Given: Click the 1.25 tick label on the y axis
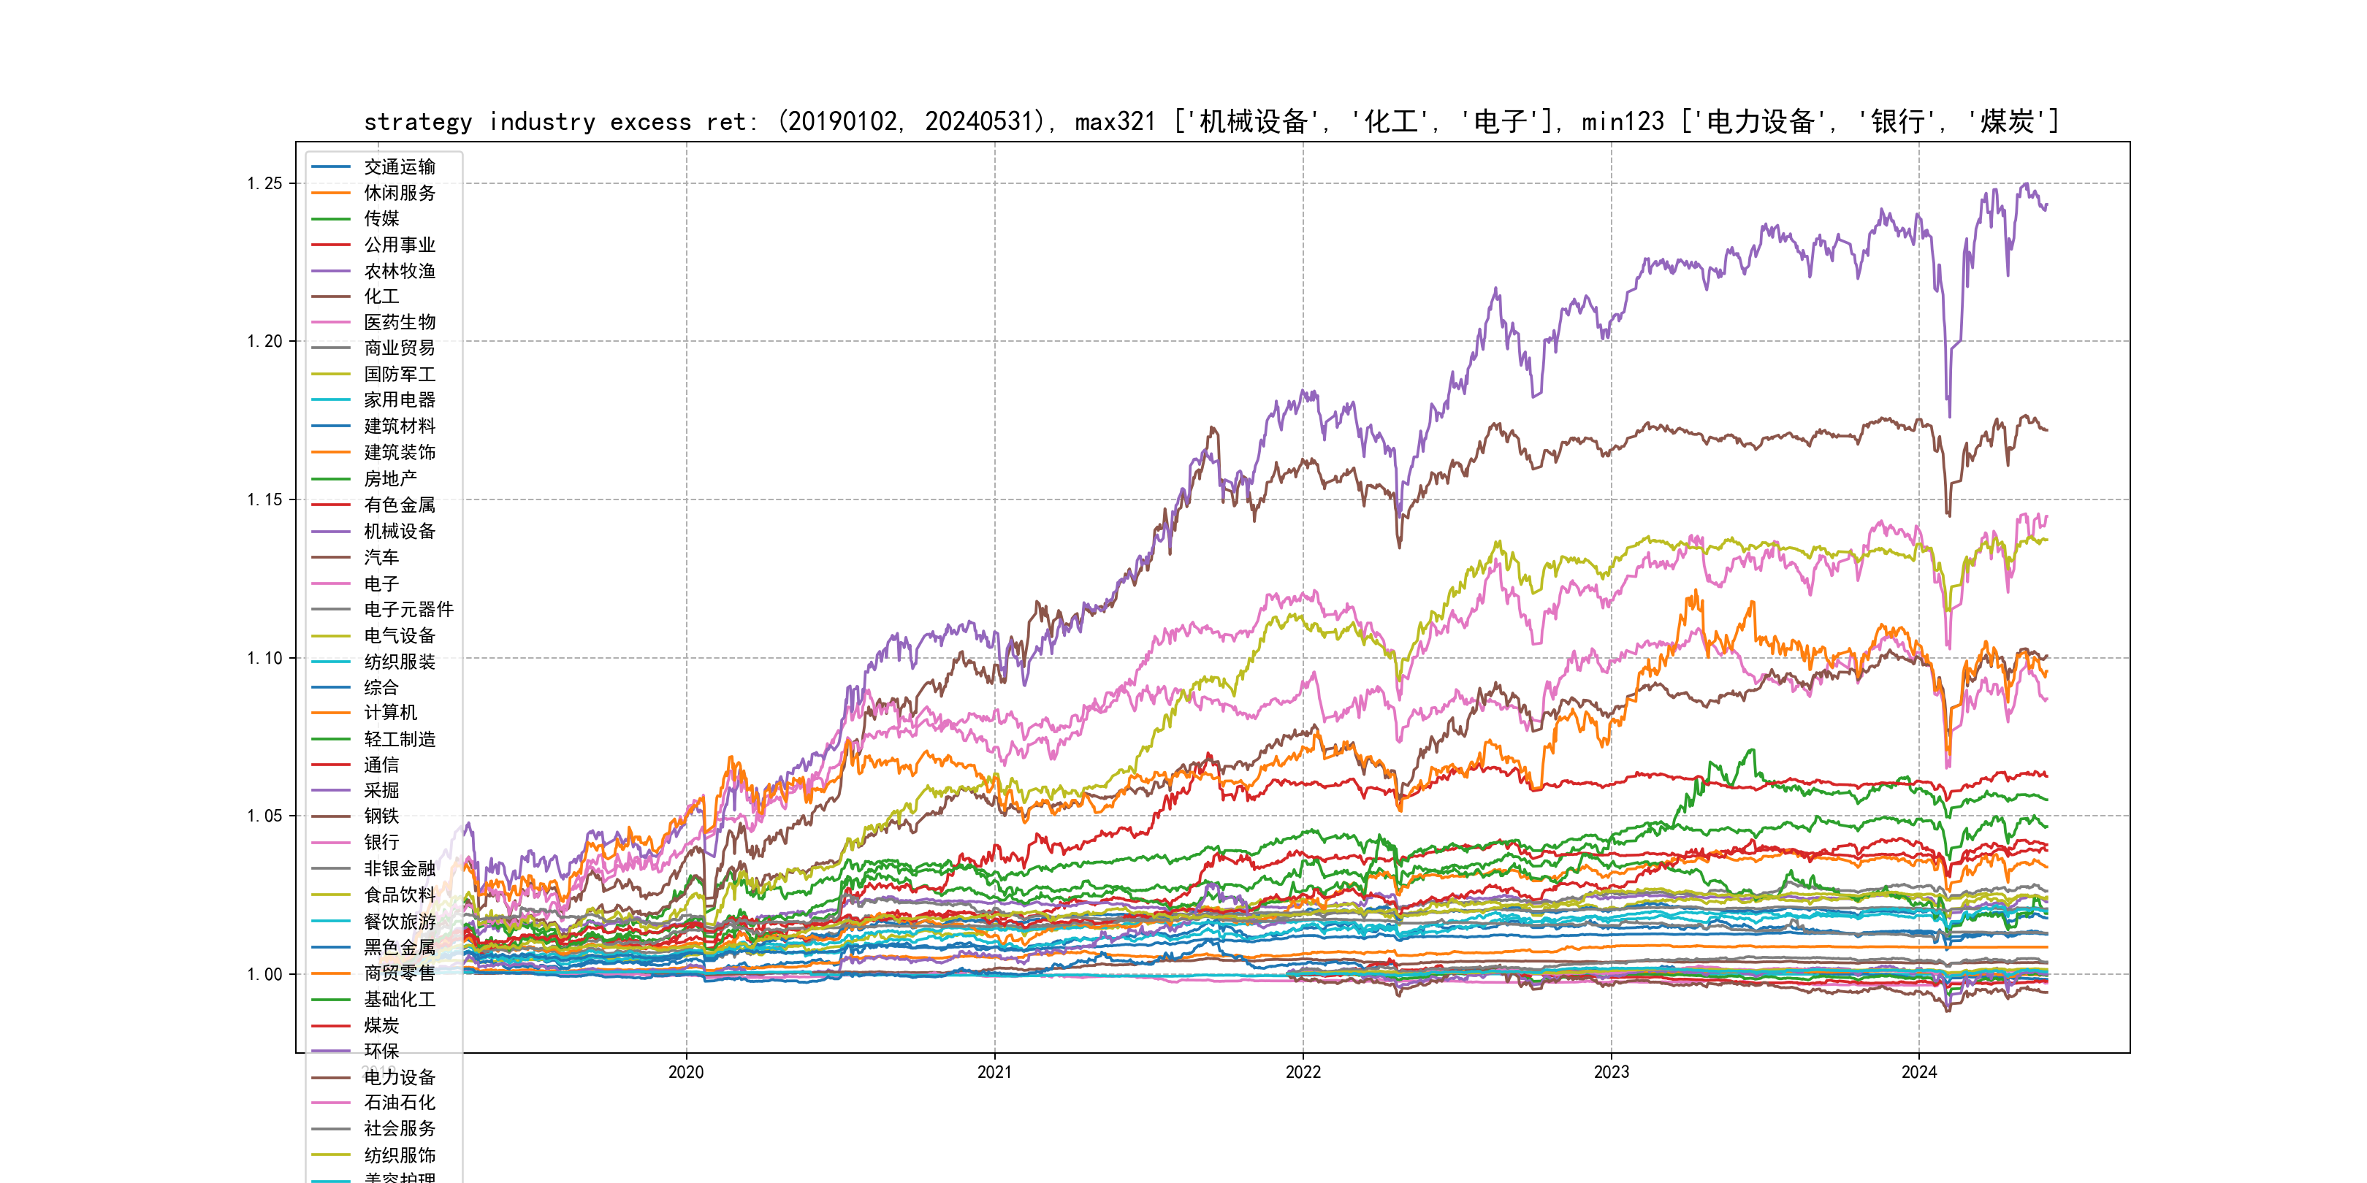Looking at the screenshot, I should coord(264,184).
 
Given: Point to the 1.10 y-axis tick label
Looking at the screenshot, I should coord(264,658).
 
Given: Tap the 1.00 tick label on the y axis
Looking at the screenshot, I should coord(264,974).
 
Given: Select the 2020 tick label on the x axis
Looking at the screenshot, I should coord(685,1072).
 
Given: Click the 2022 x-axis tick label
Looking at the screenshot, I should coord(1302,1072).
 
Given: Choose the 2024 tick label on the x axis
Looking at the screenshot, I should coord(1918,1072).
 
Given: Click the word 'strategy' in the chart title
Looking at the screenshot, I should coord(418,122).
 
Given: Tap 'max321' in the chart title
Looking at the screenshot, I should coord(1116,122).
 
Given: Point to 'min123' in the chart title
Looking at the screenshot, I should coord(1623,122).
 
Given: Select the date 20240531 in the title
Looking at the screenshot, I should coord(979,122).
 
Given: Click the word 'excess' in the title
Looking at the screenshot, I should coord(650,122).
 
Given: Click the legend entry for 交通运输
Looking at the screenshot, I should coord(399,167).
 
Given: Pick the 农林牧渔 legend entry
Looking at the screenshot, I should coord(399,271).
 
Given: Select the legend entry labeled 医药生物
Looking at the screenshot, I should coord(399,322).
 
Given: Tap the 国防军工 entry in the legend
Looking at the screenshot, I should coord(399,374).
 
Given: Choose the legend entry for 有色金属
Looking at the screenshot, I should coord(399,505).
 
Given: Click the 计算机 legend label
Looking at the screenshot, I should coord(389,713).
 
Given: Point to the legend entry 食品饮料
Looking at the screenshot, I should coord(399,895).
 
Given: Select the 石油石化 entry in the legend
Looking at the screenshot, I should coord(399,1102).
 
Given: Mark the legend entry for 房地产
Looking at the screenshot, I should coord(389,478).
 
